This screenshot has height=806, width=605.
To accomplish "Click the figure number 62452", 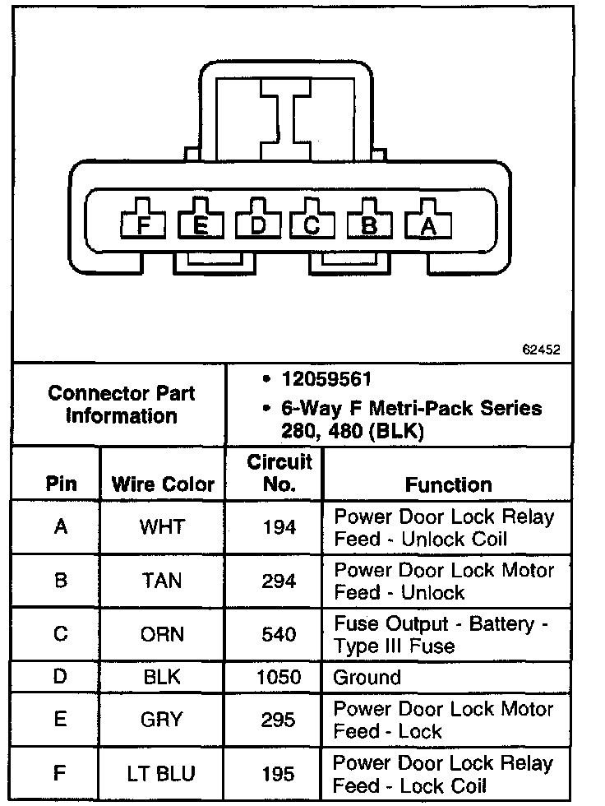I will (x=541, y=349).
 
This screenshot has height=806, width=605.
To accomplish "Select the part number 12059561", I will (x=327, y=380).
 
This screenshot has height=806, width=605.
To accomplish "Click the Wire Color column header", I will (x=163, y=484).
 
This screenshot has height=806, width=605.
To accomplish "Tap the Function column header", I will (x=448, y=484).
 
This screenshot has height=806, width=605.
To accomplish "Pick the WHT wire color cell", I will (x=163, y=527).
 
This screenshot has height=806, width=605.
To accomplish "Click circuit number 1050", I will (x=278, y=678).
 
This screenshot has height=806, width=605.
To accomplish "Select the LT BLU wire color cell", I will (x=163, y=774).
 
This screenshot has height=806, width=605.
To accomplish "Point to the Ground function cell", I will (x=367, y=678).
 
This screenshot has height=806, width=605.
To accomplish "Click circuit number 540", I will (x=278, y=634).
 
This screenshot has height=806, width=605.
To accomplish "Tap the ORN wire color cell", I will (x=163, y=634).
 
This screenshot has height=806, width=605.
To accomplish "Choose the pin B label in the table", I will (x=60, y=581).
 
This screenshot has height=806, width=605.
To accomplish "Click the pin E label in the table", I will (x=60, y=719).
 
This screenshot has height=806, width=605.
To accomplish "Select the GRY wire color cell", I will (x=163, y=719).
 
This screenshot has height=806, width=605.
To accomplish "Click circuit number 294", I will (x=278, y=581).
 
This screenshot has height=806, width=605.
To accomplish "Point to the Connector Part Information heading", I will (x=121, y=405).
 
